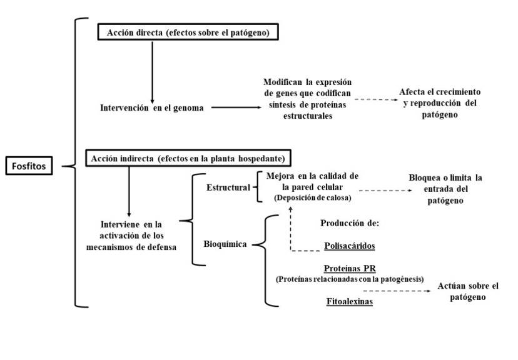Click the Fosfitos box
point(29,166)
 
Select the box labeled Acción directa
point(188,32)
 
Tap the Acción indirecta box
point(188,158)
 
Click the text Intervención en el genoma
point(152,108)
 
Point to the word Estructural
point(228,187)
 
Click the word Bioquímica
point(225,244)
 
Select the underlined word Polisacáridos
point(350,246)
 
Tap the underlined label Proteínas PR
point(350,268)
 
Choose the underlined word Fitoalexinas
point(350,301)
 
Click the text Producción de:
point(350,223)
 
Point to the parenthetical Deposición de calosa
point(313,197)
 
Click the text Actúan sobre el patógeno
point(468,291)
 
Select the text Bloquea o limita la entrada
point(445,184)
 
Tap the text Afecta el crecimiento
point(440,92)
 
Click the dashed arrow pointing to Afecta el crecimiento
point(376,99)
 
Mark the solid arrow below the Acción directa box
point(152,72)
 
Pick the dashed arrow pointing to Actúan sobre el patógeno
point(397,291)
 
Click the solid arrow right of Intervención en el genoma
point(236,107)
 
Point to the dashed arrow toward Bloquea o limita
point(385,191)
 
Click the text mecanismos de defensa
point(131,247)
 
